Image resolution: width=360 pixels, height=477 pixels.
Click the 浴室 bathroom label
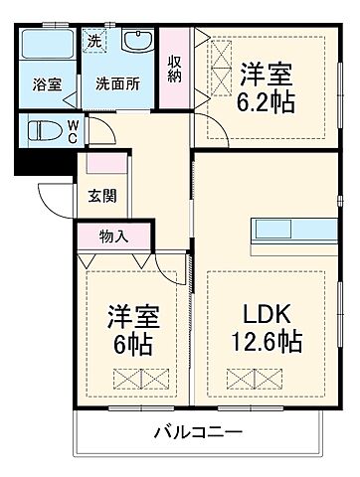(x=46, y=84)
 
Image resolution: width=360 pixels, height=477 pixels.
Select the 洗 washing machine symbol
(x=93, y=42)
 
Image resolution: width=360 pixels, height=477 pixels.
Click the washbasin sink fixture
(x=137, y=43)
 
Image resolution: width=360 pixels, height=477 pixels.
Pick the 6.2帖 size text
(x=267, y=100)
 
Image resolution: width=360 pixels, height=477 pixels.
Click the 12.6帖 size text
(x=266, y=342)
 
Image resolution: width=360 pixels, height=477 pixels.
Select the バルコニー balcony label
(x=197, y=433)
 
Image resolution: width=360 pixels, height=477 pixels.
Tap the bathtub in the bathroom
(x=46, y=49)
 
